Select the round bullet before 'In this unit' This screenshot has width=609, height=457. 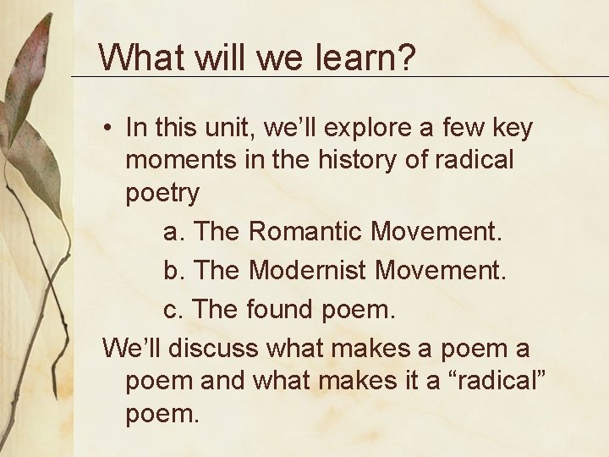[109, 129]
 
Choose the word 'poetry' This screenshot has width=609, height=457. [162, 194]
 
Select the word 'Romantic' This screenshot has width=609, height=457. [307, 229]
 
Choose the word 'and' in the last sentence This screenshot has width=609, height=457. [224, 381]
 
